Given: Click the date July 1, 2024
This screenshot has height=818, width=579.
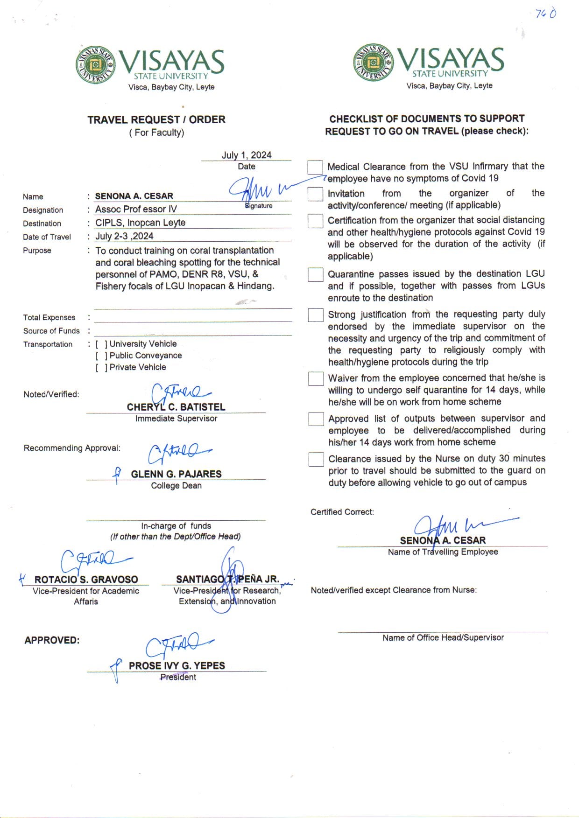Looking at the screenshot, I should click(246, 155).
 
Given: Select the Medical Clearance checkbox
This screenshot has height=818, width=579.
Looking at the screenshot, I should click(315, 167).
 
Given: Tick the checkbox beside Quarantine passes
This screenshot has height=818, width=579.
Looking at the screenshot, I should click(316, 275).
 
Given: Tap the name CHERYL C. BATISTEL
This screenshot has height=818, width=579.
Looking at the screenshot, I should click(176, 407).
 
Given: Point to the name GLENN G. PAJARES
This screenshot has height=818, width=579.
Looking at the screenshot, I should click(176, 474).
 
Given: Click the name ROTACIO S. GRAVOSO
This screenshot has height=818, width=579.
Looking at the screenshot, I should click(86, 580).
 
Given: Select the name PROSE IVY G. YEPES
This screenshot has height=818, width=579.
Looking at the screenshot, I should click(177, 666).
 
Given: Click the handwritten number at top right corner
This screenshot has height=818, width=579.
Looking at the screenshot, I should click(545, 14).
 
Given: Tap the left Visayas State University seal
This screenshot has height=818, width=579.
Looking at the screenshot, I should click(96, 64).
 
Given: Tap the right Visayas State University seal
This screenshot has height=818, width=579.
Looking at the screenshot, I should click(373, 62).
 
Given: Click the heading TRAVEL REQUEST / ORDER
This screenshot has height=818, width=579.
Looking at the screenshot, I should click(156, 119).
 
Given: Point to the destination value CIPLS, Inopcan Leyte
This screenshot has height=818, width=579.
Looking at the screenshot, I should click(141, 223).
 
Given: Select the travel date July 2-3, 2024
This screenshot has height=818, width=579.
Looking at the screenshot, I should click(124, 236).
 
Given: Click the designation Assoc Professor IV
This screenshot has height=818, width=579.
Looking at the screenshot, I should click(136, 209).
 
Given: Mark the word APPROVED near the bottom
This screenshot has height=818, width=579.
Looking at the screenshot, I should click(52, 640).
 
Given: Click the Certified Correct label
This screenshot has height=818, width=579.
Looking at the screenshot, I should click(342, 512).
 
